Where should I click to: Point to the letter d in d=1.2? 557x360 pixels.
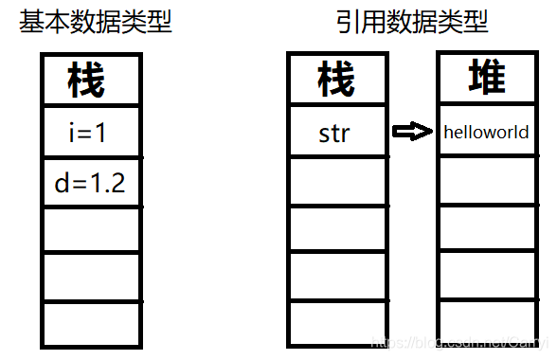pyautogui.click(x=63, y=183)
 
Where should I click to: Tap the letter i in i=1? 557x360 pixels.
pyautogui.click(x=73, y=134)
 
